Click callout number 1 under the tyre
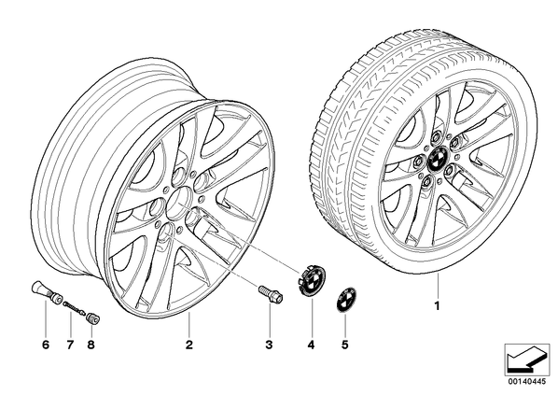(437, 305)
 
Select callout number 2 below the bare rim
(189, 345)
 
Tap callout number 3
(269, 345)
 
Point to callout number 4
(312, 345)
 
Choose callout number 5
(344, 345)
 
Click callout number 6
(46, 345)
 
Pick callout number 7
(70, 345)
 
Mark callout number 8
(91, 345)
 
